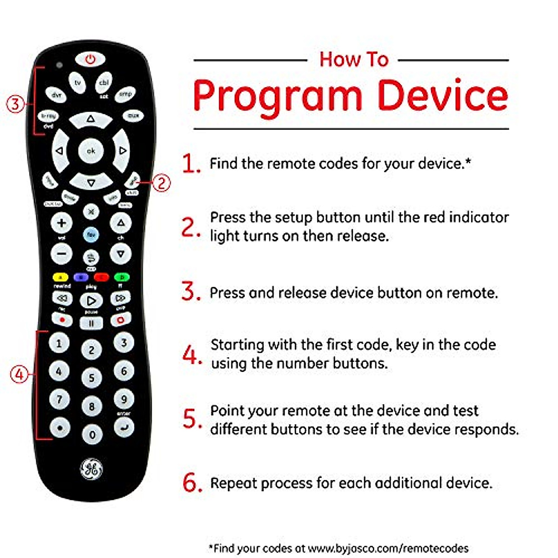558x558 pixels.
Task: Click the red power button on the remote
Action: click(x=90, y=60)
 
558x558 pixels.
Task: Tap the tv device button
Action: click(x=78, y=82)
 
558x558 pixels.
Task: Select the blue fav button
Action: click(x=91, y=235)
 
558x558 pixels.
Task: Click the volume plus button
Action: click(x=61, y=223)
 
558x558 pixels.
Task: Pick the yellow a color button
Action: click(x=60, y=278)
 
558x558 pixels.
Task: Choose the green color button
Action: click(x=121, y=278)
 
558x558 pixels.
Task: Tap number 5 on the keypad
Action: click(x=92, y=378)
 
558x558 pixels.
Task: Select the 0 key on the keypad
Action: click(x=92, y=435)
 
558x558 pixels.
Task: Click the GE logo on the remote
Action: click(x=91, y=470)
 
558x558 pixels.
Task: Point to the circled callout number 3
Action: click(x=15, y=103)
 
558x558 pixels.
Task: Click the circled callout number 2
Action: click(x=161, y=183)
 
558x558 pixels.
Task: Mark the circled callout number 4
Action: click(x=19, y=374)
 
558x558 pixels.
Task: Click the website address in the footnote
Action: click(x=388, y=548)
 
